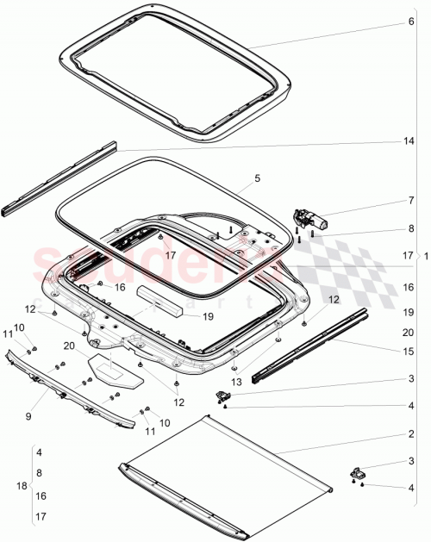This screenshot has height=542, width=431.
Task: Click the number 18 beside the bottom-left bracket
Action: click(x=20, y=486)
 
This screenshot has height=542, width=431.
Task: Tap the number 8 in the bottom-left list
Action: click(x=38, y=473)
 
